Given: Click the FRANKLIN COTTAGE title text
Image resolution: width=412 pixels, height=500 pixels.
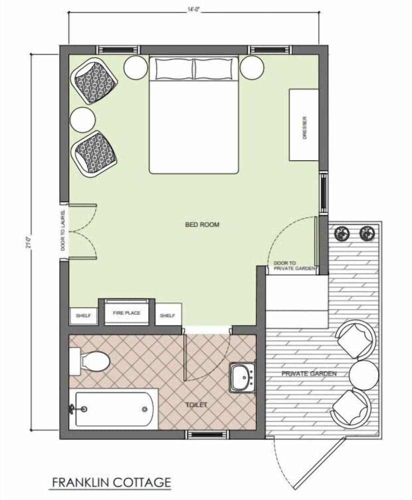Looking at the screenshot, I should (111, 482).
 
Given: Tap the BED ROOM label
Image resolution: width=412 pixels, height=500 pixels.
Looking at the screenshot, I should (202, 225).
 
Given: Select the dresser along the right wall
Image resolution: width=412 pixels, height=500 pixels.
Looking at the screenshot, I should (304, 125).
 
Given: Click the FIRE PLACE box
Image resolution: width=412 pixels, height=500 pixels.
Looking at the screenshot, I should (126, 313).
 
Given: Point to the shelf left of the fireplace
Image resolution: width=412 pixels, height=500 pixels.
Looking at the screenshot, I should (82, 316).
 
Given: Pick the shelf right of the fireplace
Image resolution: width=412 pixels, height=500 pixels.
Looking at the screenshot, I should (167, 316).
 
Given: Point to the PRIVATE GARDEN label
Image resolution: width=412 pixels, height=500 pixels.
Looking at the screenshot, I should (308, 373).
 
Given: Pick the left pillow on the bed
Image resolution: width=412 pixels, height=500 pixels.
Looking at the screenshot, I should (173, 69).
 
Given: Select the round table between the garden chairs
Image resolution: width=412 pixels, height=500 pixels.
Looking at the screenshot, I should (363, 374).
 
